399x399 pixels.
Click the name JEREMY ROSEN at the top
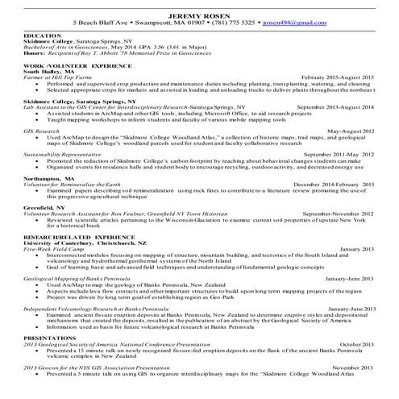[x=199, y=15]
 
